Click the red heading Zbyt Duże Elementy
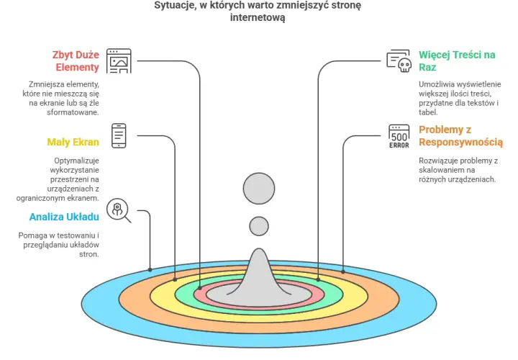click(76, 60)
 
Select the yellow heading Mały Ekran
click(73, 142)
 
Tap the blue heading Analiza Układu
click(64, 217)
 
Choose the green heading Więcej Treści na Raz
click(457, 60)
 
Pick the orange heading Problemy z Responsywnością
click(461, 136)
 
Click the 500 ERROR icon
click(399, 136)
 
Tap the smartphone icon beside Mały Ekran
click(119, 136)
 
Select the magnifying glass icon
click(119, 210)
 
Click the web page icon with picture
click(119, 60)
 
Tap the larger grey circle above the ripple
click(259, 189)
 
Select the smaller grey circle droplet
click(259, 227)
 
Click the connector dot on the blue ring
click(150, 270)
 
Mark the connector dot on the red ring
click(200, 288)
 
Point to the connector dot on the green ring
click(318, 279)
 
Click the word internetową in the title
click(258, 17)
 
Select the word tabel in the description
click(428, 112)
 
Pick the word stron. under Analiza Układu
click(89, 255)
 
